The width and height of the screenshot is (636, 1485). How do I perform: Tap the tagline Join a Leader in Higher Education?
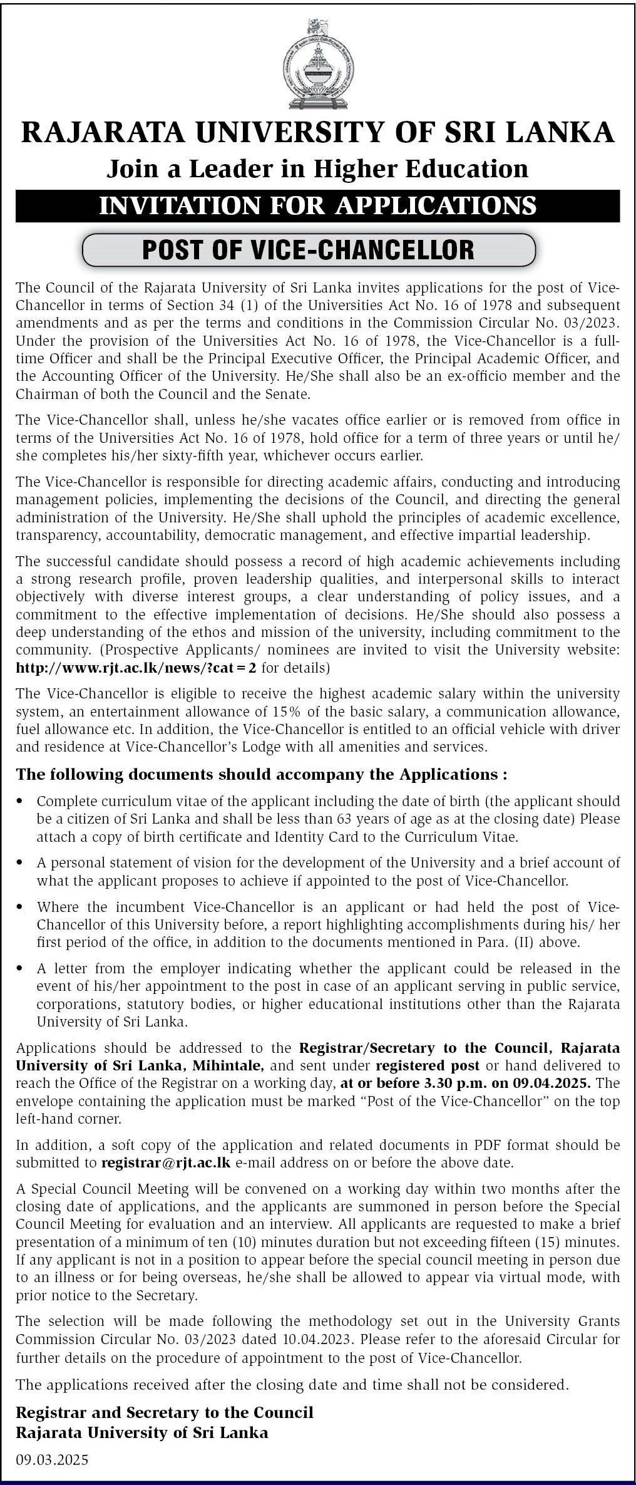coord(317,168)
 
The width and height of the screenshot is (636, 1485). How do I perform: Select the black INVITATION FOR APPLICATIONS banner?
coord(317,205)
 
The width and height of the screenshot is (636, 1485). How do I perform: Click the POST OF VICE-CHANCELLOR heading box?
coord(309,249)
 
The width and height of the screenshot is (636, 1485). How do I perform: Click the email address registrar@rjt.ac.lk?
coord(166,1163)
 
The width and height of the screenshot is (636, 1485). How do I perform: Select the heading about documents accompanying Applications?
coord(261,775)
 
